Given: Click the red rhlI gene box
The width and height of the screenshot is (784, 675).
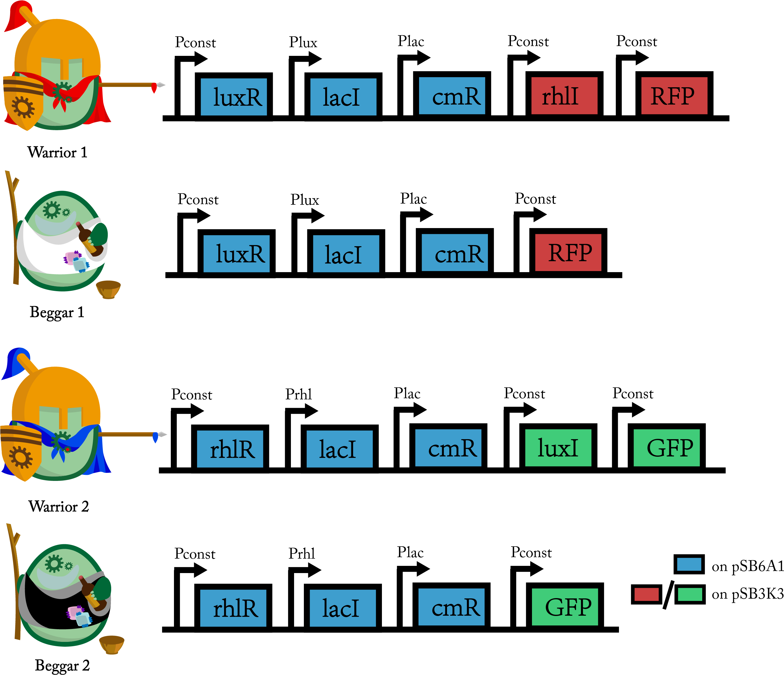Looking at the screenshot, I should click(564, 96).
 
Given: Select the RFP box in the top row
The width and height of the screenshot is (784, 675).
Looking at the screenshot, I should click(674, 96).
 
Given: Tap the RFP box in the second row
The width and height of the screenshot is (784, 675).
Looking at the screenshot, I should click(568, 252).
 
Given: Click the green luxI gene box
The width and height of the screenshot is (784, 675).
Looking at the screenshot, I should click(558, 448).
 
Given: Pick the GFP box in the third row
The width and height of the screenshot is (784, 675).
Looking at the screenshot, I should click(666, 448).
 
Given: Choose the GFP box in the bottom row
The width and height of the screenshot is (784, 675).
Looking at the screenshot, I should click(565, 607).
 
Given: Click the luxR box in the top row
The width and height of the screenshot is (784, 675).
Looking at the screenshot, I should click(234, 97).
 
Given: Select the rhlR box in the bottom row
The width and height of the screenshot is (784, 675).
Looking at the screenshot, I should click(233, 608).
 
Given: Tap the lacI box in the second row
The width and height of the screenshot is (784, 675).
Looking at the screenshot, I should click(346, 253).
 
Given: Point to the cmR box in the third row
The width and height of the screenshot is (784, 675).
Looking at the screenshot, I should click(448, 448).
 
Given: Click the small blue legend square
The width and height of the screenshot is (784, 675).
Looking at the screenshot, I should click(689, 564).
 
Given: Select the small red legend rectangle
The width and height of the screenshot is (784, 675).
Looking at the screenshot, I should click(646, 594).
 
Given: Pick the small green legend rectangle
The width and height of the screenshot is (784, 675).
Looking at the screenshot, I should click(690, 594).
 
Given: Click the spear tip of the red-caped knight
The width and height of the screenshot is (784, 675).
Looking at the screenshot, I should click(160, 85).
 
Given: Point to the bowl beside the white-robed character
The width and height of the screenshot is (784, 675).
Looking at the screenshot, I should click(108, 289).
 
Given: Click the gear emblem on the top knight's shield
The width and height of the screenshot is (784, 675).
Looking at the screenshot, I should click(23, 107).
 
